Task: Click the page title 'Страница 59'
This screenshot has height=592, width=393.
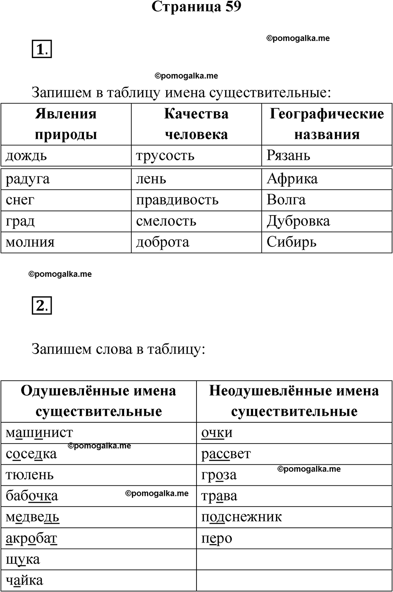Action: pyautogui.click(x=196, y=7)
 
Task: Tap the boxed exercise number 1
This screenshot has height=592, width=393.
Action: pyautogui.click(x=42, y=50)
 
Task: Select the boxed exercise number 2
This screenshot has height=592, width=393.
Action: pyautogui.click(x=42, y=305)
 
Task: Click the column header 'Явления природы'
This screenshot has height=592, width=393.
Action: pyautogui.click(x=66, y=124)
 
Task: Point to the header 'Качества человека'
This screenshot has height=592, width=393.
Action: pyautogui.click(x=196, y=124)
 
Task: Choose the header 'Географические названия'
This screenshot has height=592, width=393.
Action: pyautogui.click(x=327, y=124)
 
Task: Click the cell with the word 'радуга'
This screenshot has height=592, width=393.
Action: pyautogui.click(x=27, y=179)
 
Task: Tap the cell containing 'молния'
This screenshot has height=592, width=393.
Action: pyautogui.click(x=30, y=242)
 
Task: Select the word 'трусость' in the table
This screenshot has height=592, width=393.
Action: pyautogui.click(x=165, y=156)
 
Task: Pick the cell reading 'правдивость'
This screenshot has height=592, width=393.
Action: pyautogui.click(x=177, y=200)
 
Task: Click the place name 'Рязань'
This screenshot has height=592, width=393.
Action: pyautogui.click(x=288, y=156)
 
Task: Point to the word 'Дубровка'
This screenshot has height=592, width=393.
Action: pyautogui.click(x=298, y=221)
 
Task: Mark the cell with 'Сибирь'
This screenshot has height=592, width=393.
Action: pyautogui.click(x=291, y=242)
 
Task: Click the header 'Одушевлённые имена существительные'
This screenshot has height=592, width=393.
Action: pyautogui.click(x=99, y=401)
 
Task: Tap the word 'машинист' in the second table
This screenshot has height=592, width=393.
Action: pyautogui.click(x=39, y=433)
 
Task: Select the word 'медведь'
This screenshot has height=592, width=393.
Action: pyautogui.click(x=32, y=517)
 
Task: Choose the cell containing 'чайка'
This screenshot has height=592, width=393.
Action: pyautogui.click(x=24, y=581)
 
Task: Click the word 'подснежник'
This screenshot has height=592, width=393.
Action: pyautogui.click(x=242, y=517)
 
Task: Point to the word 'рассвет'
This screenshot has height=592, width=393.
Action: pyautogui.click(x=226, y=454)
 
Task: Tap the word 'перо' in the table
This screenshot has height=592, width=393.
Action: pyautogui.click(x=217, y=538)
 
